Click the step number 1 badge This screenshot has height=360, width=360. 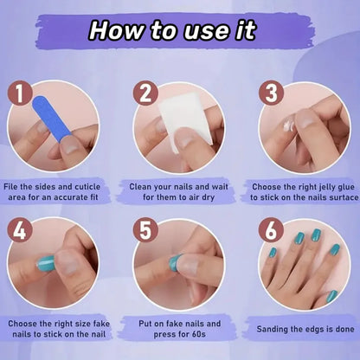[x=19, y=93]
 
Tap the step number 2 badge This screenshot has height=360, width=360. [x=145, y=93]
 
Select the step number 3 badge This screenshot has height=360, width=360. [x=271, y=93]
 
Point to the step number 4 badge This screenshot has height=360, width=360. [x=19, y=230]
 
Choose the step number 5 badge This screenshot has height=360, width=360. [x=145, y=230]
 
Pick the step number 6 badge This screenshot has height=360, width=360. [x=271, y=230]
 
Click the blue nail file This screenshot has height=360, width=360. [x=51, y=119]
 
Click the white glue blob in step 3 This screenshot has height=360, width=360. [x=289, y=126]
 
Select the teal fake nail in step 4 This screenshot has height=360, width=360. [x=46, y=263]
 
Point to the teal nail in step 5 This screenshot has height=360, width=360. [x=175, y=262]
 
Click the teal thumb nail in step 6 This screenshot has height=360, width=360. [x=332, y=296]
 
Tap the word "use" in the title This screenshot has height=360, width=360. [x=207, y=31]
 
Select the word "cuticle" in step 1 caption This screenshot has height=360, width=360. [x=87, y=187]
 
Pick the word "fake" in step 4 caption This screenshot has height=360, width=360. [x=101, y=324]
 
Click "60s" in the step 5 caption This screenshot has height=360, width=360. [x=199, y=334]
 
